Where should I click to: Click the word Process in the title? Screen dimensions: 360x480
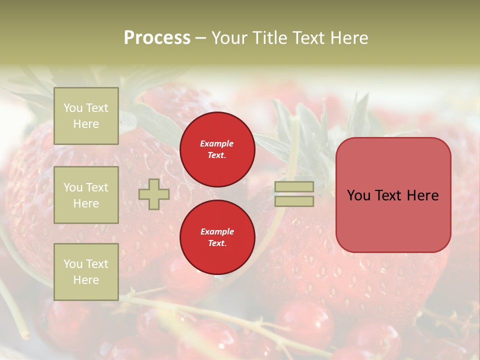pos(157,38)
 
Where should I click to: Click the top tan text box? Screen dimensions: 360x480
pos(86,116)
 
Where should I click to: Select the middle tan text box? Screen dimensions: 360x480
pos(86,195)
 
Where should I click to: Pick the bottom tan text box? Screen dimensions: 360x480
pos(86,271)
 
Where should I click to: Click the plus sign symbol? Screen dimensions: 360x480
pos(154,194)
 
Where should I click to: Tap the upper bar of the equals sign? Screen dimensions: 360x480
pos(294,186)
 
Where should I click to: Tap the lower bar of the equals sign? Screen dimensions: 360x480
pos(294,201)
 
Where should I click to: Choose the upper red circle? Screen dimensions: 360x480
pos(217,149)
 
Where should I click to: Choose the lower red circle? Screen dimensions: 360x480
pos(217,237)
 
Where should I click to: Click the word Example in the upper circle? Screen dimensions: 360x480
pos(217,143)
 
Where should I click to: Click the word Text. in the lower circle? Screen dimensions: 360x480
pos(217,243)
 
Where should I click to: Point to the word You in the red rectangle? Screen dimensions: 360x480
pos(359,195)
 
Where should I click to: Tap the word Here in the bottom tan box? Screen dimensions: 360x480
pos(86,280)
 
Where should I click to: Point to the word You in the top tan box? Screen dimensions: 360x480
pos(73,108)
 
